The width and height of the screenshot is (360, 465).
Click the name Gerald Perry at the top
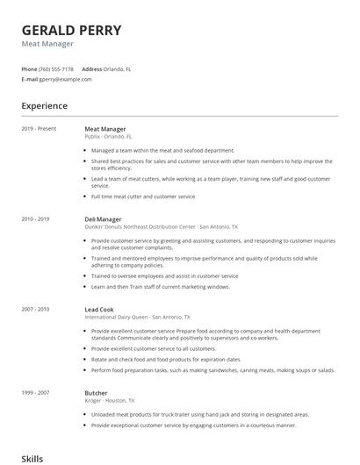tap(71, 30)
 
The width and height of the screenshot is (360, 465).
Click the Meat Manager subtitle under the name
tap(47, 44)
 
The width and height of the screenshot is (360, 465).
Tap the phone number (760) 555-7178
tap(56, 68)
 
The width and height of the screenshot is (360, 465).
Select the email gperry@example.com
tap(65, 79)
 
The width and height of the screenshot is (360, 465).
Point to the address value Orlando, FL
tap(119, 68)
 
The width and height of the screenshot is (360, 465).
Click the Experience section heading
tap(45, 106)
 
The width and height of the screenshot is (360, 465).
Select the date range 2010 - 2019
tap(34, 218)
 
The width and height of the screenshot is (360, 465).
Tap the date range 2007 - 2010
tap(34, 309)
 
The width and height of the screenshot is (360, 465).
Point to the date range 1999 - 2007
tap(34, 393)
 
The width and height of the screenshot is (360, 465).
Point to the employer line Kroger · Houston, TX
tap(113, 401)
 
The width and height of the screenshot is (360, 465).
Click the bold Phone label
tap(29, 68)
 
